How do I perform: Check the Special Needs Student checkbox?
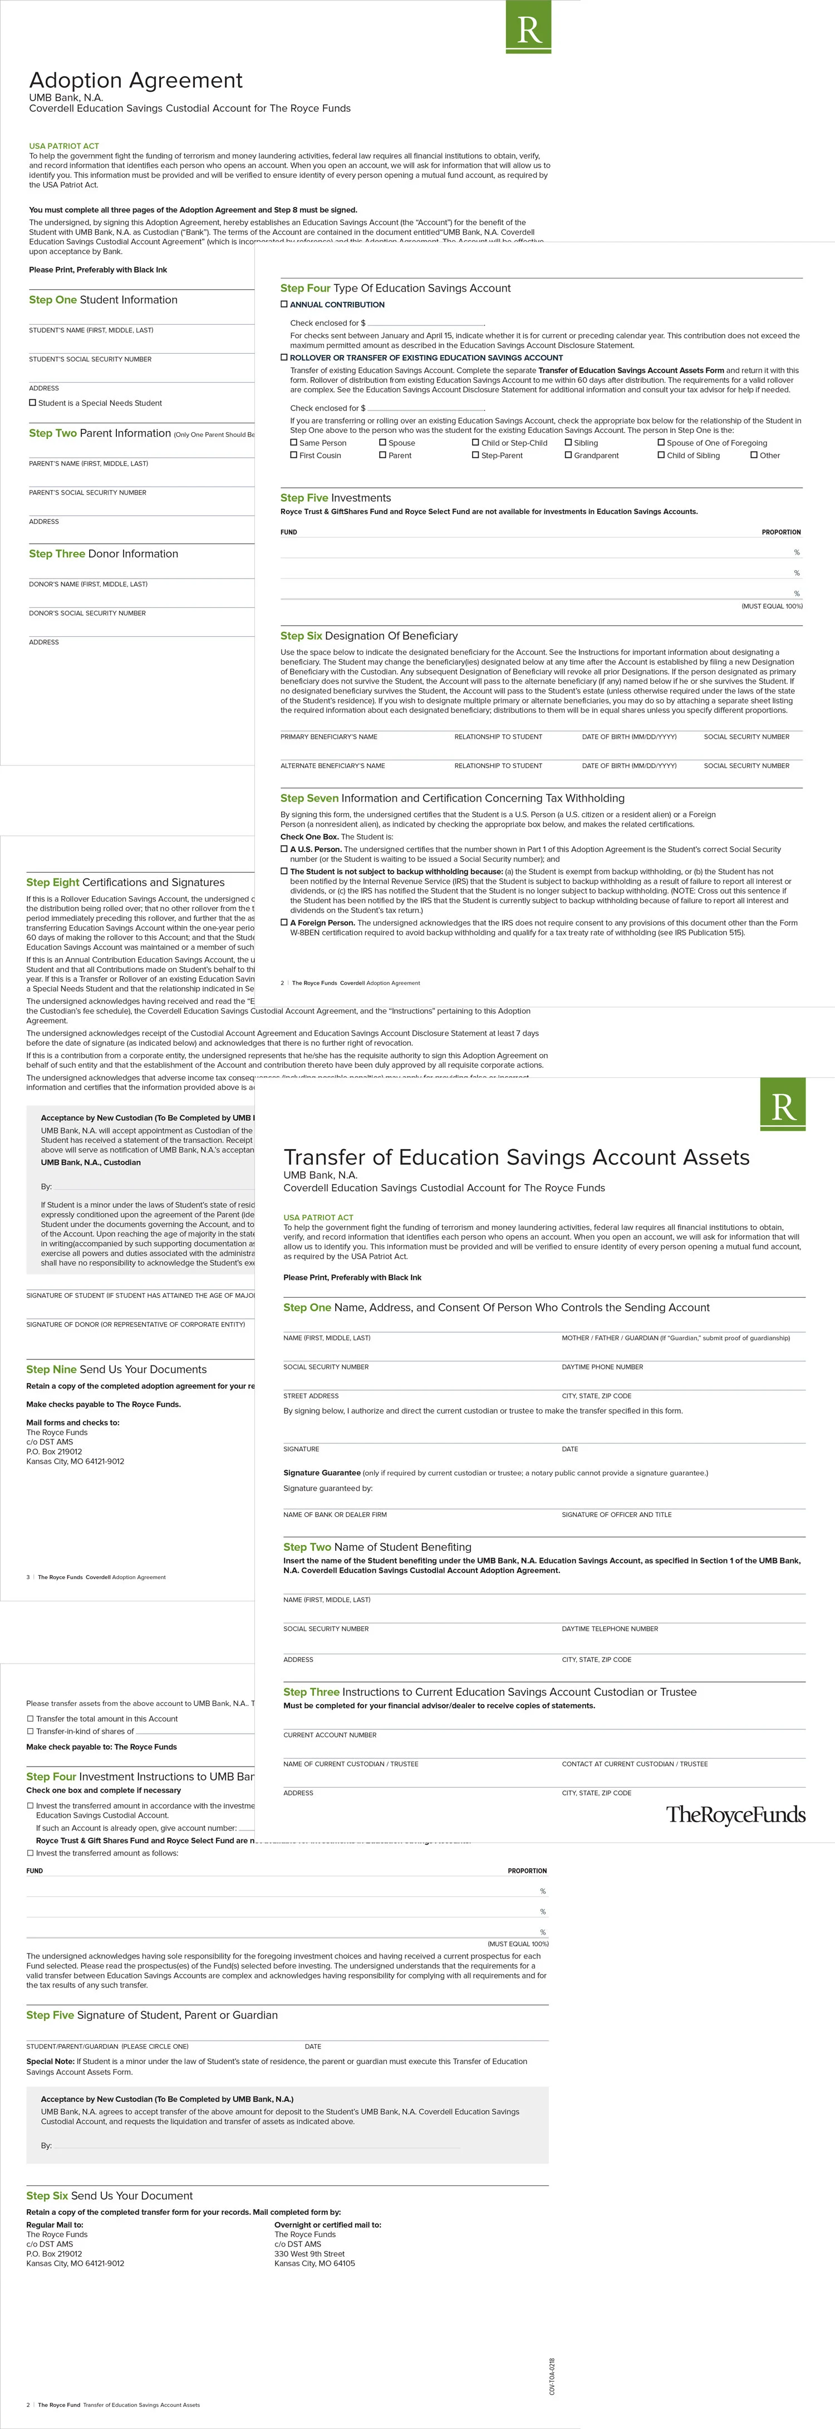click(33, 403)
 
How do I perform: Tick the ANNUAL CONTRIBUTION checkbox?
click(284, 305)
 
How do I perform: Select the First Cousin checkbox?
click(293, 456)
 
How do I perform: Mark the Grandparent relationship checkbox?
click(568, 456)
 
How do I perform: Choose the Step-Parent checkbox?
click(475, 456)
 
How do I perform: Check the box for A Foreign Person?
click(284, 922)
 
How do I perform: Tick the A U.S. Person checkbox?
click(284, 849)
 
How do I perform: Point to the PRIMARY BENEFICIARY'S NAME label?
click(328, 736)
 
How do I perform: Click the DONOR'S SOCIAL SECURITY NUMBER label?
click(87, 613)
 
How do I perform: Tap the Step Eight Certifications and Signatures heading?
click(125, 883)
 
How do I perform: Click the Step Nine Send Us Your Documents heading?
click(116, 1369)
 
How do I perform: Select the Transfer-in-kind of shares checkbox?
click(30, 1732)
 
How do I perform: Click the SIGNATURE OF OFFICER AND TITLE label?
click(616, 1515)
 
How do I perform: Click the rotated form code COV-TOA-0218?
click(552, 2376)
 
